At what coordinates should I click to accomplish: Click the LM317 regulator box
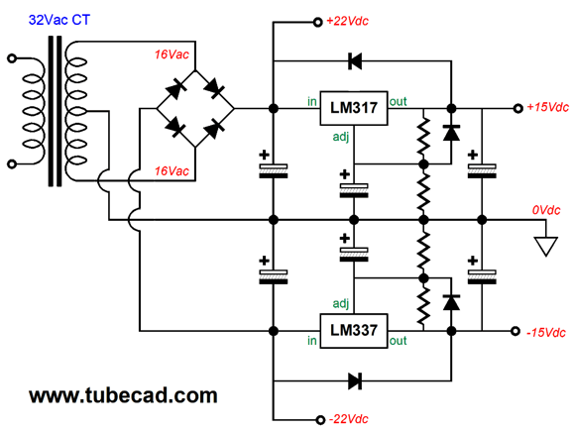coord(353,108)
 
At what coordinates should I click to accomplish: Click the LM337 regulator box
coord(353,331)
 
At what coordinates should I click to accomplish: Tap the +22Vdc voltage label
coord(347,21)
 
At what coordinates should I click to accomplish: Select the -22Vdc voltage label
coord(349,419)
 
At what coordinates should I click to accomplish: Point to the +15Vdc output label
coord(547,107)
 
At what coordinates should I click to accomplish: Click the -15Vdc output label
coord(546,333)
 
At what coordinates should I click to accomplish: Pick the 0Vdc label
coord(546,210)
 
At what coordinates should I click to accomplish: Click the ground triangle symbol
coord(545,246)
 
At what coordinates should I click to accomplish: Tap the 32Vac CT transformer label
coord(59,20)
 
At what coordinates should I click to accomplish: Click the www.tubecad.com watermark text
coord(123,395)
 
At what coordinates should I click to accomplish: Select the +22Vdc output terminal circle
coord(317,22)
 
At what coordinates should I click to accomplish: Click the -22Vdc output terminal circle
coord(320,420)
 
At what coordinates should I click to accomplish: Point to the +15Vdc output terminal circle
coord(517,108)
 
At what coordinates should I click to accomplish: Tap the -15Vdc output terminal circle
coord(516,331)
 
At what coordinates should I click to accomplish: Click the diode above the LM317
coord(355,61)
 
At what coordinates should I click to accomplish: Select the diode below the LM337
coord(355,380)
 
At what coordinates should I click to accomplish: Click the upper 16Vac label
coord(172,54)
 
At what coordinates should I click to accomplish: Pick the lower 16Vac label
coord(172,171)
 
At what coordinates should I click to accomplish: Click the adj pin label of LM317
coord(341,137)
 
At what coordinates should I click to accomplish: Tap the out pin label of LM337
coord(398,341)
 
